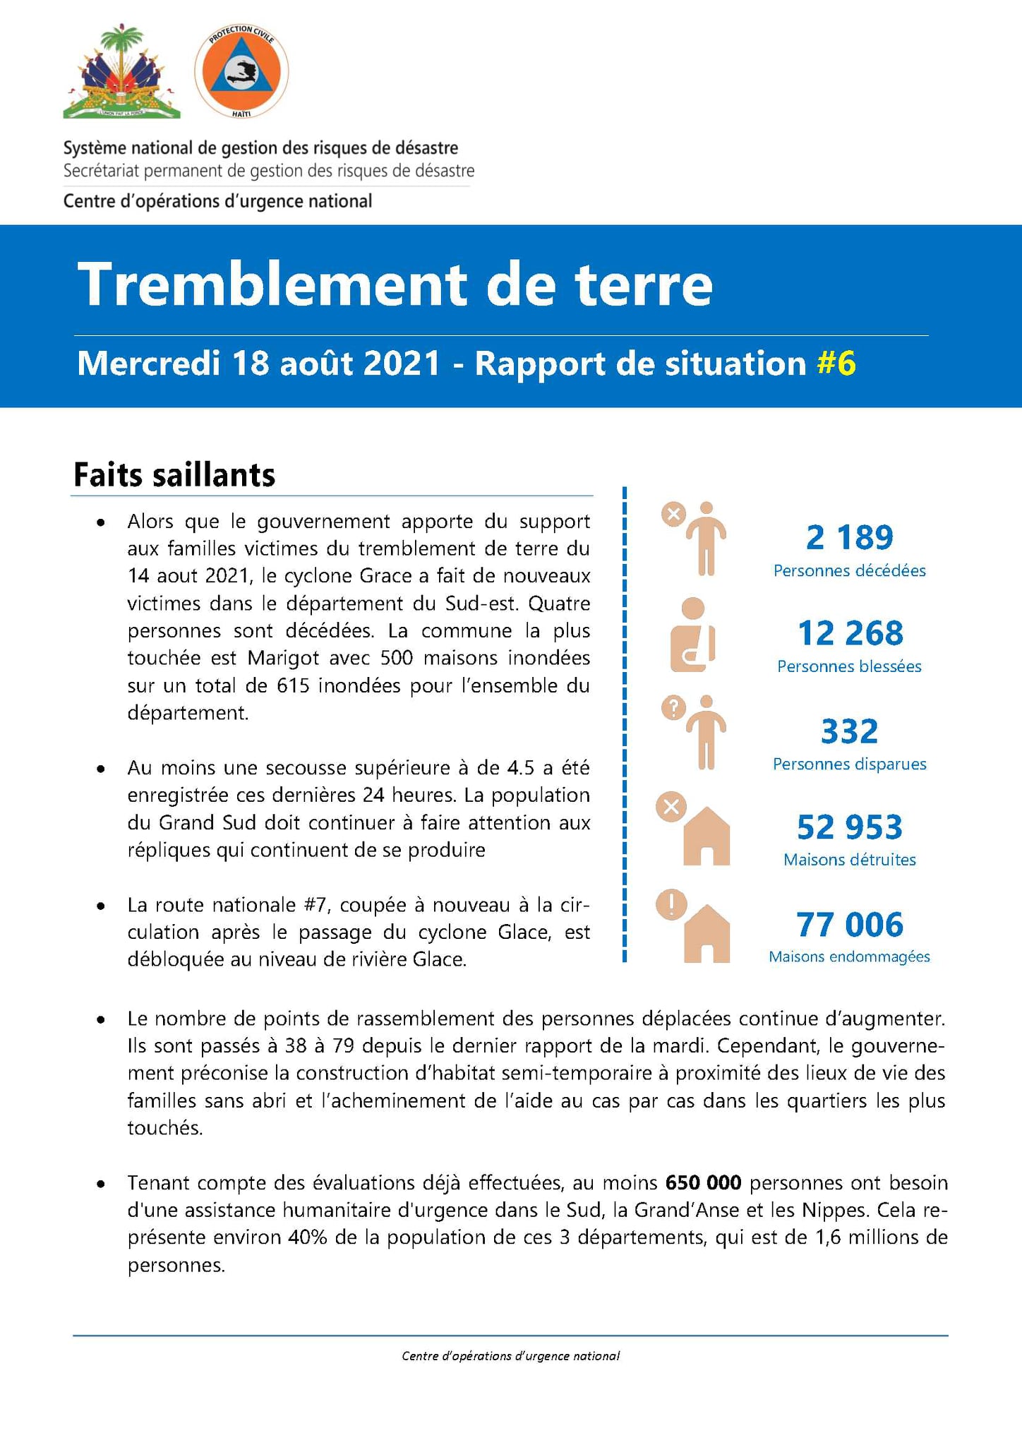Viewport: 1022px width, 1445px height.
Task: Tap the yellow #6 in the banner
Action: coord(836,364)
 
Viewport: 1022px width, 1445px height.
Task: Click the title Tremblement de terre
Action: coord(395,284)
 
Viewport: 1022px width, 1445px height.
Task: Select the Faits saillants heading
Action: coord(174,475)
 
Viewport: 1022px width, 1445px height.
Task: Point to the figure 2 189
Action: coord(849,538)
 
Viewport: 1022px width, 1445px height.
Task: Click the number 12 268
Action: coord(850,633)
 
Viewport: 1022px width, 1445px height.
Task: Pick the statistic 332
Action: coord(849,731)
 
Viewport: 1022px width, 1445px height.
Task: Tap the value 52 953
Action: coord(849,827)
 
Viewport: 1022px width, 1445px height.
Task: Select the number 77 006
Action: coord(849,925)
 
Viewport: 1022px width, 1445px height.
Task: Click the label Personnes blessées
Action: coord(849,666)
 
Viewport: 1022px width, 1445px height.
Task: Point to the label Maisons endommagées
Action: coord(849,957)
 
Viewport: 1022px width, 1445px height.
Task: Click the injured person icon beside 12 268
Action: coord(693,635)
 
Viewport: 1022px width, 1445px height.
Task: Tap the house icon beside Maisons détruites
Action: coord(706,837)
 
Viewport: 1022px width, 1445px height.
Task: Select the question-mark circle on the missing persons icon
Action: coord(673,707)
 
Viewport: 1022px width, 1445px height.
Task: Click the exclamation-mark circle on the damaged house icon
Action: coord(671,904)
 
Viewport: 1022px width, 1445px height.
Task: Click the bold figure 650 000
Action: coord(703,1182)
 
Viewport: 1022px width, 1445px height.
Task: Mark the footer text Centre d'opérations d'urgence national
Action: coord(511,1355)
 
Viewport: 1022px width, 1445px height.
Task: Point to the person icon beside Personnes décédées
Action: coord(706,539)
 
